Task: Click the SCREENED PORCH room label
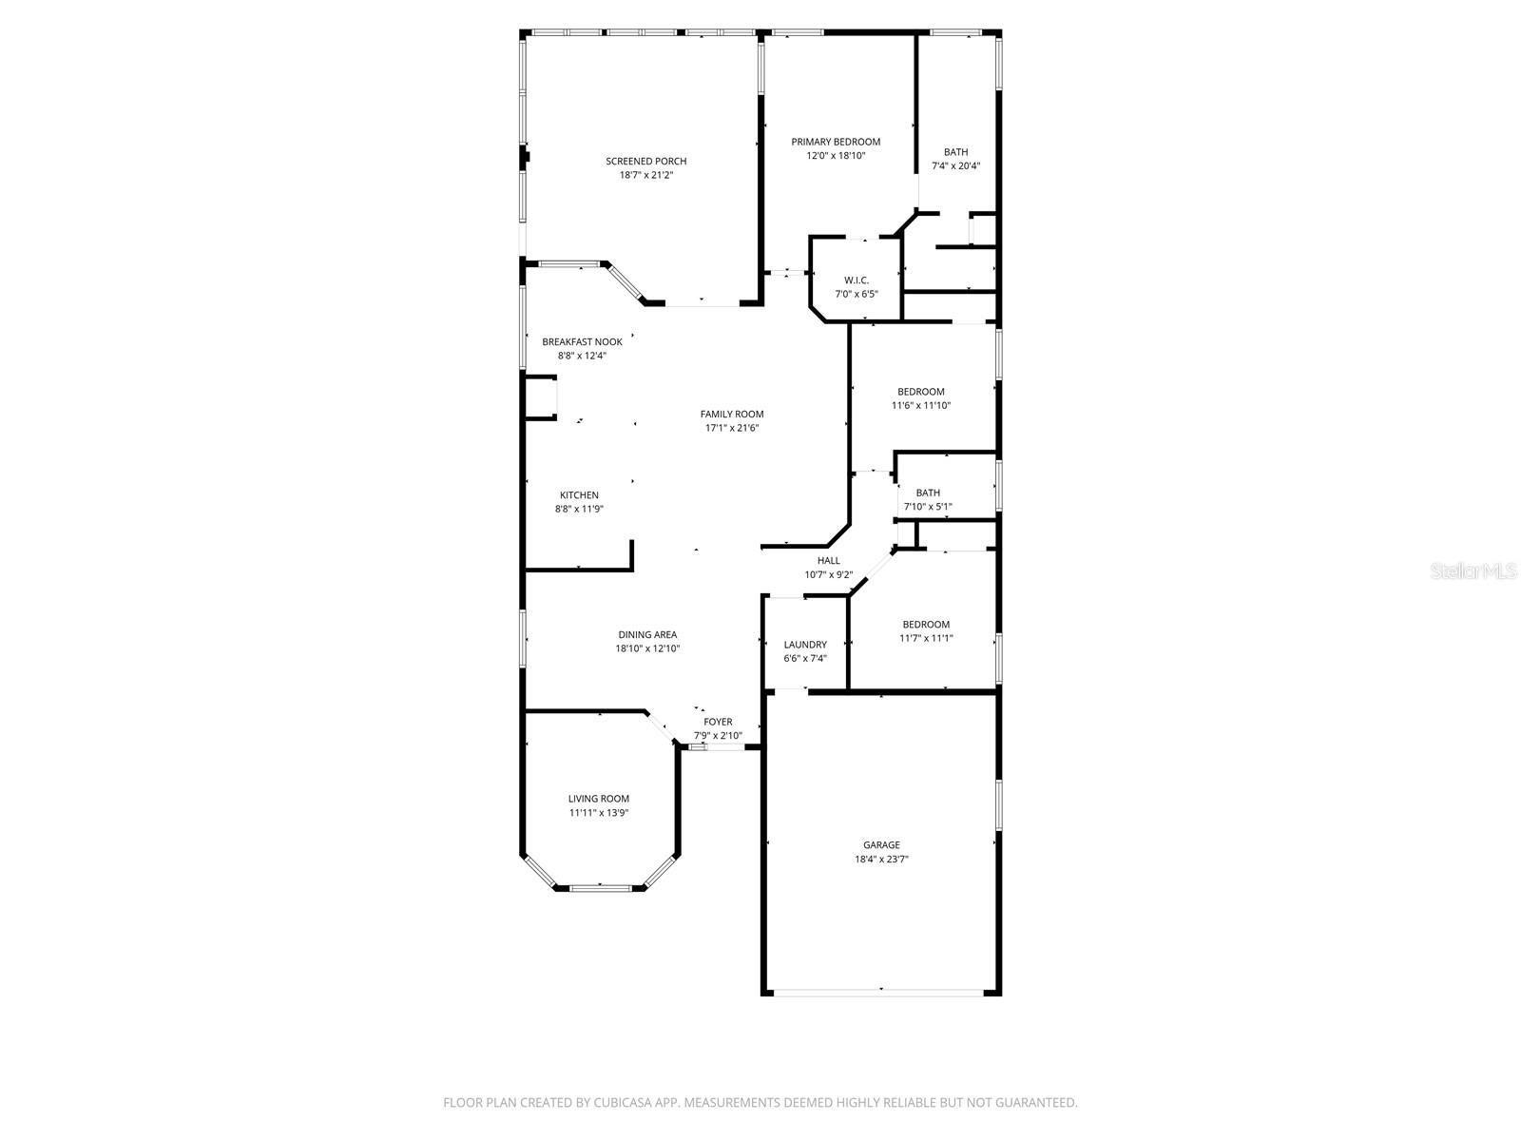click(x=645, y=161)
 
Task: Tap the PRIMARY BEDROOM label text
click(x=836, y=142)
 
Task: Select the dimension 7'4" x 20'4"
click(x=955, y=165)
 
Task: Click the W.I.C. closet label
click(x=857, y=280)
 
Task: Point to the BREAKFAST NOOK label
click(x=582, y=341)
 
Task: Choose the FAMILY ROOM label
click(x=732, y=414)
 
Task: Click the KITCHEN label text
click(x=579, y=494)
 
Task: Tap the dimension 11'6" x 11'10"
click(x=920, y=405)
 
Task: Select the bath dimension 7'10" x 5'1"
click(x=928, y=506)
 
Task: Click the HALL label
click(x=828, y=560)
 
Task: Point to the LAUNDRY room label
click(x=804, y=644)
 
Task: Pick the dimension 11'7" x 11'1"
click(x=926, y=638)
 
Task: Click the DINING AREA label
click(x=647, y=634)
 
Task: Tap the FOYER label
click(x=718, y=722)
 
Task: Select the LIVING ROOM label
click(x=599, y=799)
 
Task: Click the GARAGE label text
click(x=881, y=844)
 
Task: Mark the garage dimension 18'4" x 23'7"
click(x=881, y=859)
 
